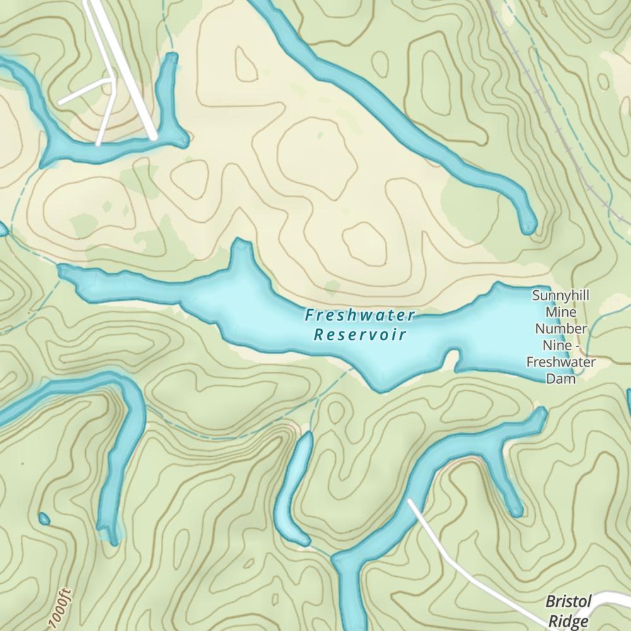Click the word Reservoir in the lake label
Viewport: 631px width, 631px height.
360,334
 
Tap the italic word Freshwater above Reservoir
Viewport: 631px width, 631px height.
360,314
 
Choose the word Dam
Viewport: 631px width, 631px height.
560,379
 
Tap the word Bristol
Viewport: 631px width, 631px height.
568,601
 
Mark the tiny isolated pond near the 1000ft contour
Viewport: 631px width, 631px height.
44,519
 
